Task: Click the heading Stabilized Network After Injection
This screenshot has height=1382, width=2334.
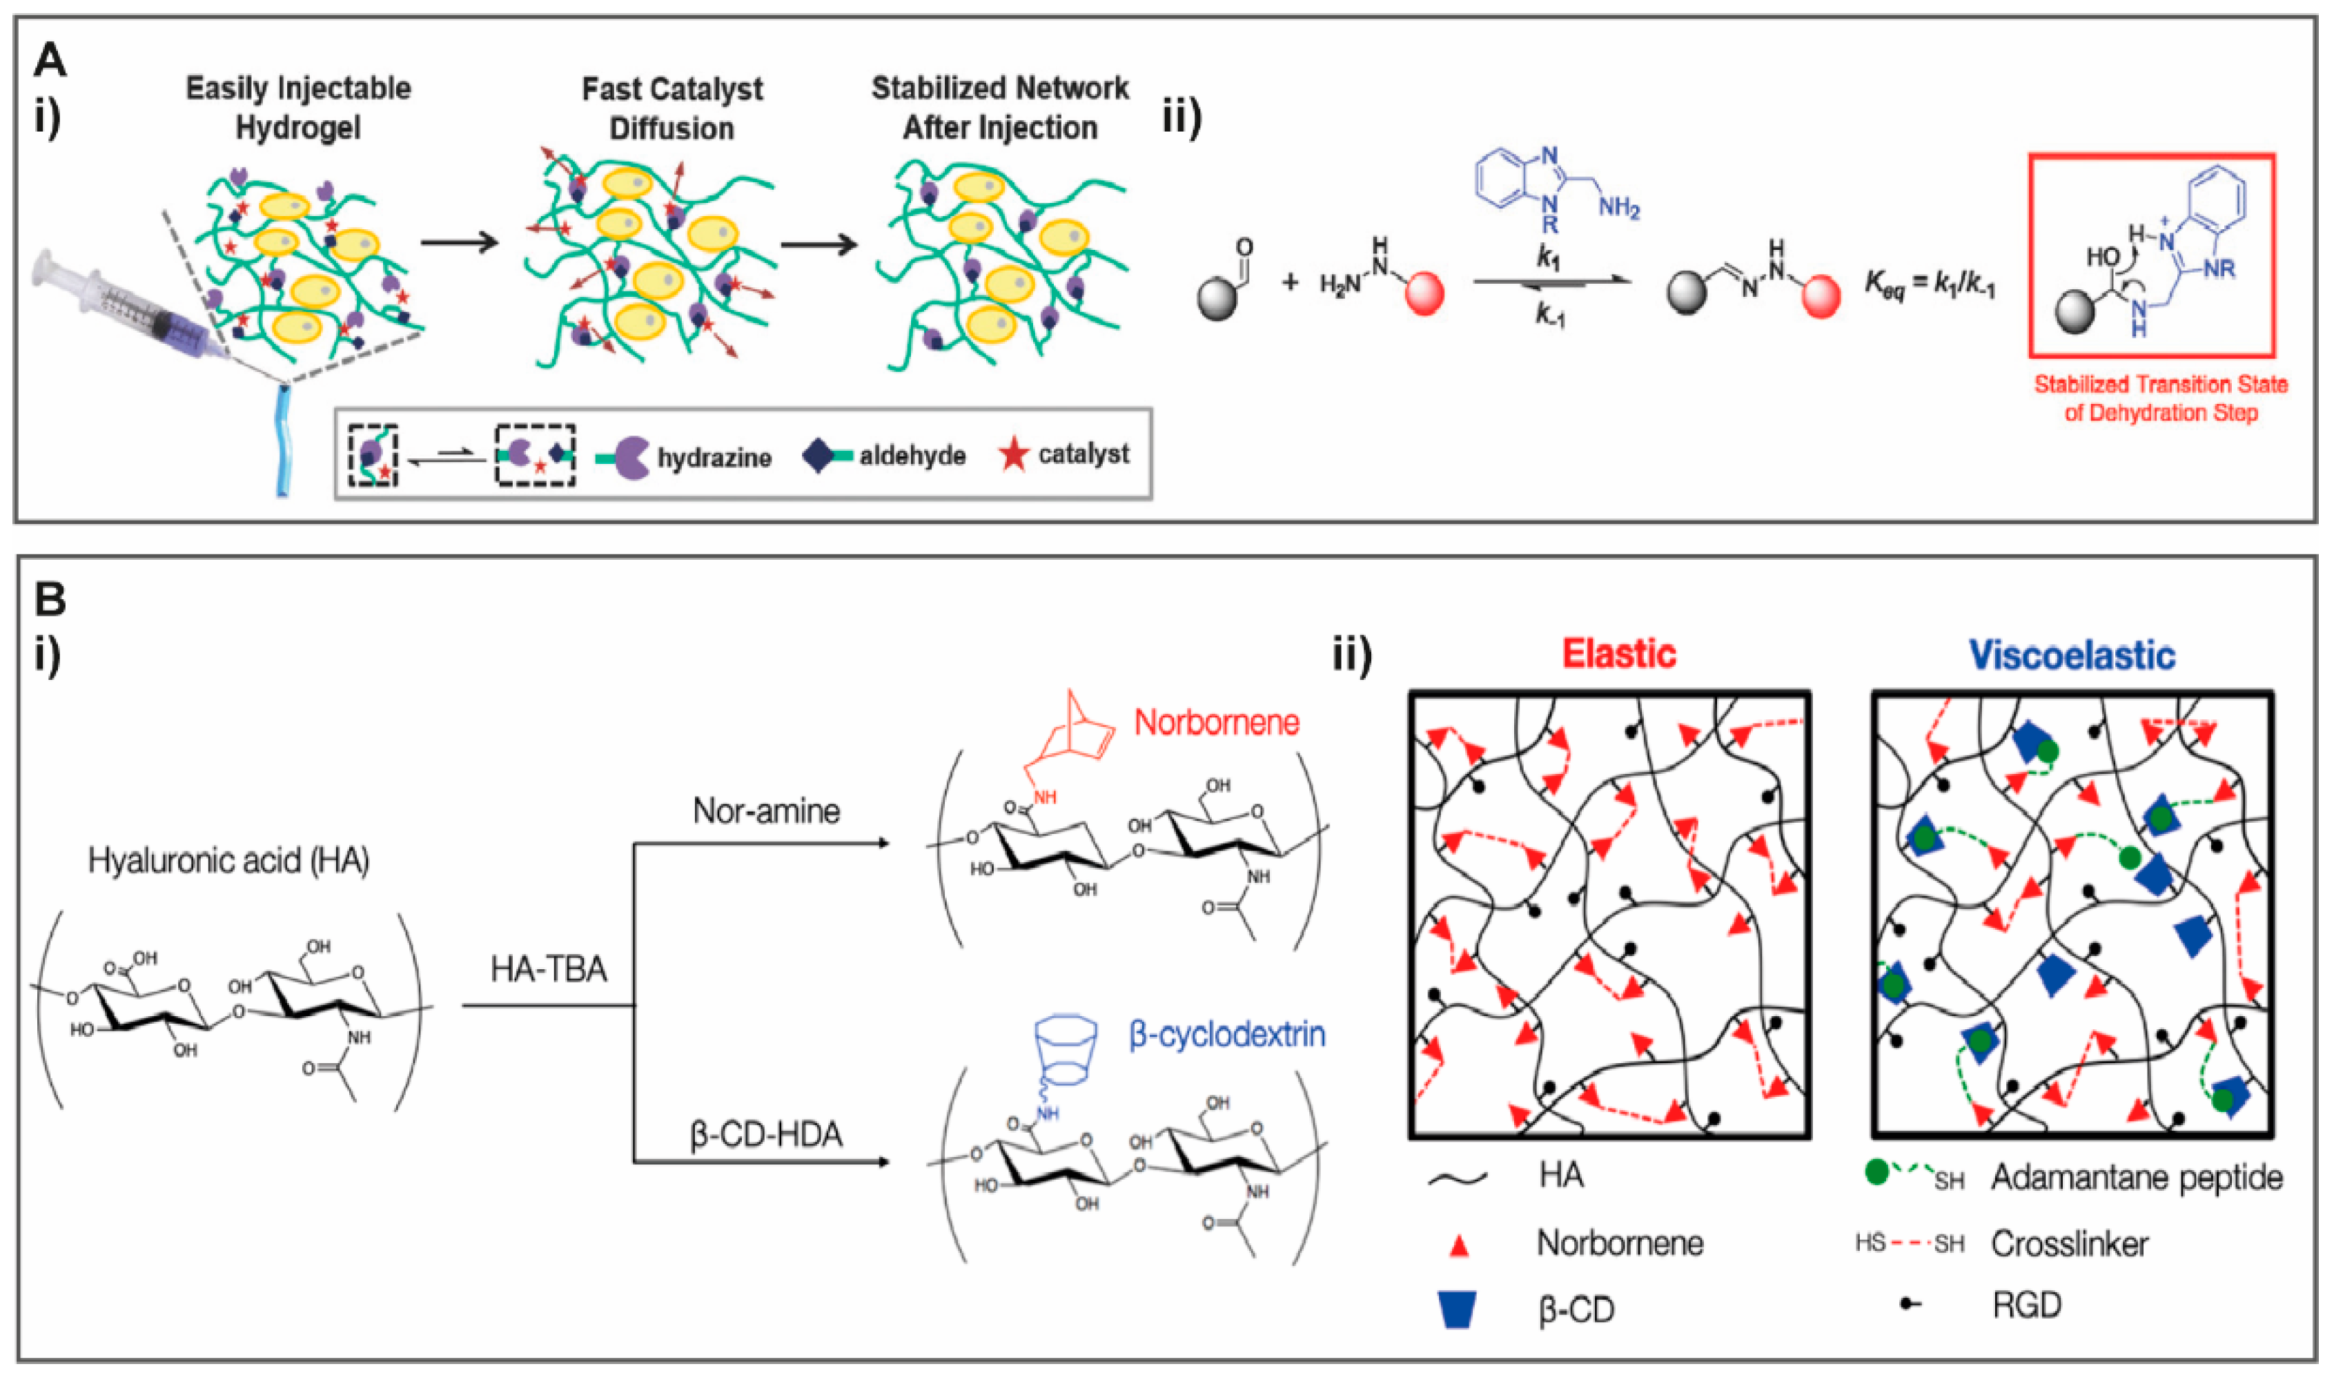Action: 999,107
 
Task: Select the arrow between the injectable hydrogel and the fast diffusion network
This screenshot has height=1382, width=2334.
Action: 459,244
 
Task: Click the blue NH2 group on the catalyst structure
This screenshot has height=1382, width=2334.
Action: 1619,208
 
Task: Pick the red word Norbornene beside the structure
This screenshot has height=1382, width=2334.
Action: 1216,722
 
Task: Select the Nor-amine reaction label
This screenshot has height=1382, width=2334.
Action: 765,811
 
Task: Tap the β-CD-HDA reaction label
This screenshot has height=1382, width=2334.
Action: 765,1134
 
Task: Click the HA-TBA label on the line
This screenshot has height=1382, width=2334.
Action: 549,969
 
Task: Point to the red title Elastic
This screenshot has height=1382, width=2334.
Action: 1618,654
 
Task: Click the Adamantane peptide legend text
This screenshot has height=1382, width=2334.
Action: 2137,1178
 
